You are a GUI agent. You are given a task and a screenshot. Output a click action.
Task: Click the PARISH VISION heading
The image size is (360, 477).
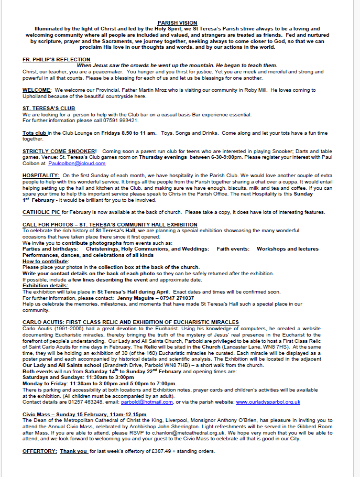pyautogui.click(x=178, y=23)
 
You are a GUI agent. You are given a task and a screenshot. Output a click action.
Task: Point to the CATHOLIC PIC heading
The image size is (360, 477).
pyautogui.click(x=41, y=212)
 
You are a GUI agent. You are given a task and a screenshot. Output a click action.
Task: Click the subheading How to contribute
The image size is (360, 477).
pyautogui.click(x=46, y=261)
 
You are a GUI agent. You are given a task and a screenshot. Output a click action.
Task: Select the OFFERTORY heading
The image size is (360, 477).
pyautogui.click(x=39, y=451)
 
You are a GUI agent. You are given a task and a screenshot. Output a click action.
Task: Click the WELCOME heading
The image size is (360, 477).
pyautogui.click(x=37, y=90)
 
